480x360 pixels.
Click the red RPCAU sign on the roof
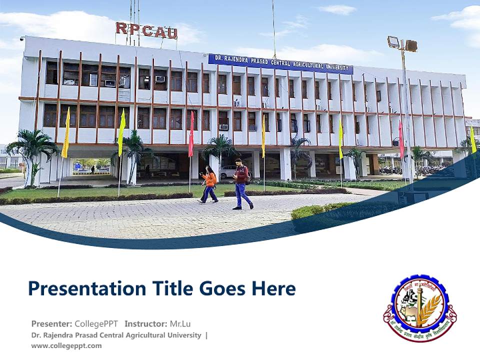146,30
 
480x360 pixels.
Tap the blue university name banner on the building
280,64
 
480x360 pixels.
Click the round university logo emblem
419,307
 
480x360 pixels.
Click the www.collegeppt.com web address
66,345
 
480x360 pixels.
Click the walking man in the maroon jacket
242,183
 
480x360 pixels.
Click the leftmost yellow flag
65,132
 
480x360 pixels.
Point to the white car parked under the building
228,171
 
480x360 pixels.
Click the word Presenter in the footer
51,323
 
